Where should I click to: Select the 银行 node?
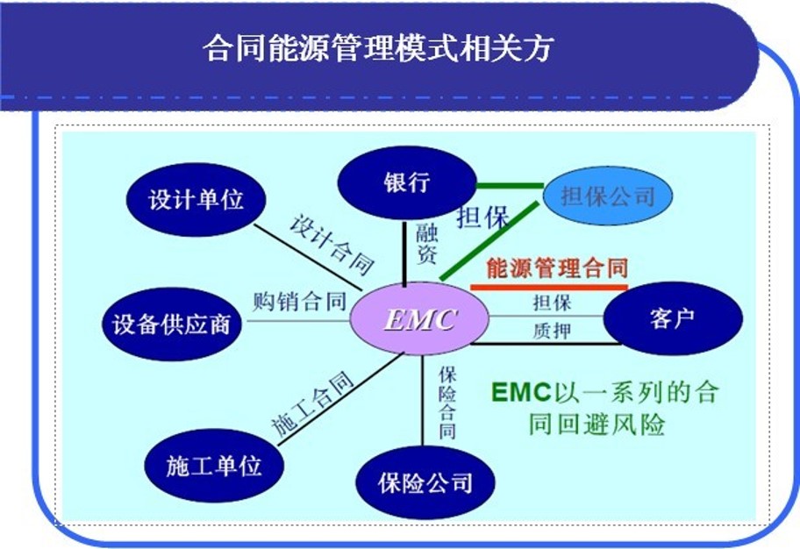click(x=406, y=182)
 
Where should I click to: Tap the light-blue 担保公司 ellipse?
click(x=608, y=196)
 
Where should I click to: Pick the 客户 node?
click(x=672, y=318)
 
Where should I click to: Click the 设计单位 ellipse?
click(x=196, y=200)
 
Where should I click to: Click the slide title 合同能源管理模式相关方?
click(x=378, y=48)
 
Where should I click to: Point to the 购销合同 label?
click(x=299, y=303)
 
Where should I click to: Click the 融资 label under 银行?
click(x=426, y=244)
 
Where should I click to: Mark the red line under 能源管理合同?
click(x=549, y=287)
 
